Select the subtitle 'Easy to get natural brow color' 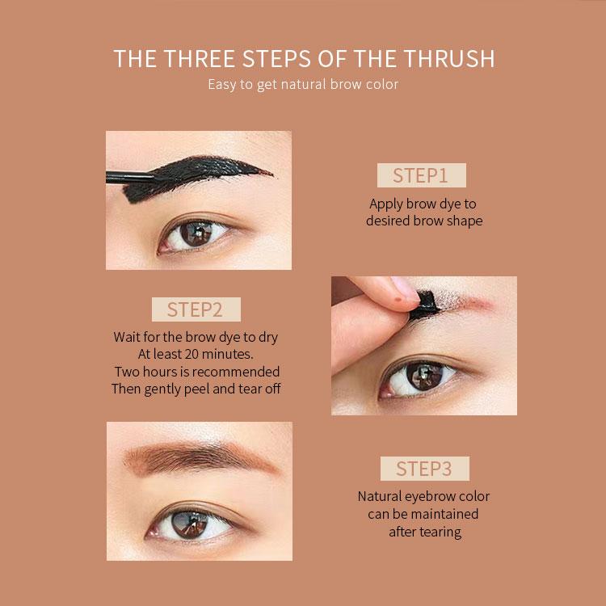point(303,84)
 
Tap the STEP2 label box point(196,309)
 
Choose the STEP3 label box point(424,469)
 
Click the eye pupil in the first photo point(195,235)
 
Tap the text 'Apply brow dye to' point(423,204)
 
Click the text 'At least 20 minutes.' point(196,354)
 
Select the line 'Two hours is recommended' point(196,372)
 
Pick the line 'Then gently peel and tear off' point(196,389)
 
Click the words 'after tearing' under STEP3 point(424,532)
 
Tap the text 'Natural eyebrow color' point(424,496)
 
